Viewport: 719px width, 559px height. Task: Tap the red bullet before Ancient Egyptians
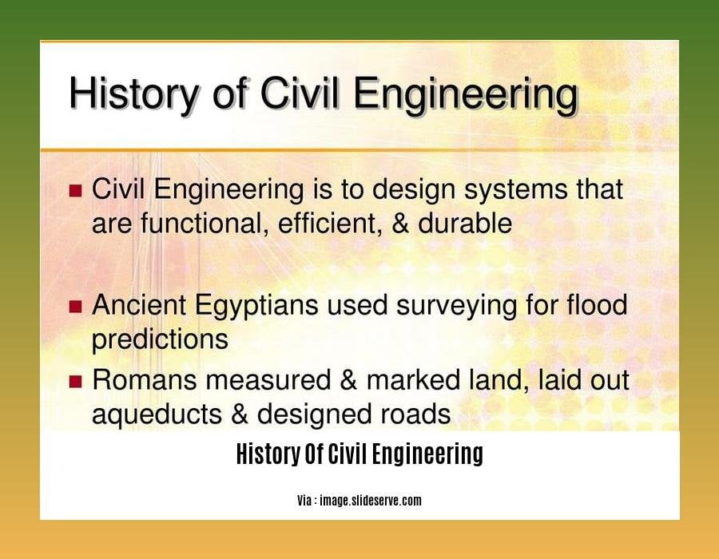76,307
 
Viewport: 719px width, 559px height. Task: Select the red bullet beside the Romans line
76,382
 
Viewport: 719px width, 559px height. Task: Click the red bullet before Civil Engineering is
76,192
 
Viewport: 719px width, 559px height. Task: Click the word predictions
160,340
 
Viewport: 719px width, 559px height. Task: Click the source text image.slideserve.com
371,501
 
